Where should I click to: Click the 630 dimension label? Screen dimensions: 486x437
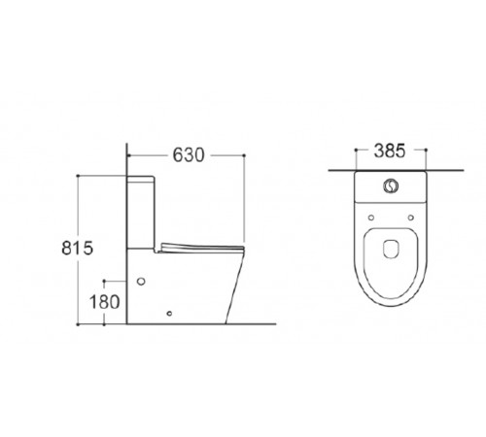click(x=189, y=154)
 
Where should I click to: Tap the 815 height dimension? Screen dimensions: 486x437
click(x=78, y=248)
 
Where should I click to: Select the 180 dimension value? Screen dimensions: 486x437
click(x=104, y=302)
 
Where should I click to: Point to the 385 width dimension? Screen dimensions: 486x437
click(x=390, y=151)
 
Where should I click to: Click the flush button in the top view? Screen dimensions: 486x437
click(x=391, y=185)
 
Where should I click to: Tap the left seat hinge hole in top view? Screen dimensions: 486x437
click(x=371, y=218)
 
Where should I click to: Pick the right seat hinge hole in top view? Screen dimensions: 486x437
click(x=411, y=218)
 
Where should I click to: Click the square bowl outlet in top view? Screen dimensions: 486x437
click(x=391, y=249)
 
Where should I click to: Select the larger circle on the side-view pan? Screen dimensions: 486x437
click(x=141, y=281)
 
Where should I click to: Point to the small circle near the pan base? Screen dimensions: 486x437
click(x=169, y=313)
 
